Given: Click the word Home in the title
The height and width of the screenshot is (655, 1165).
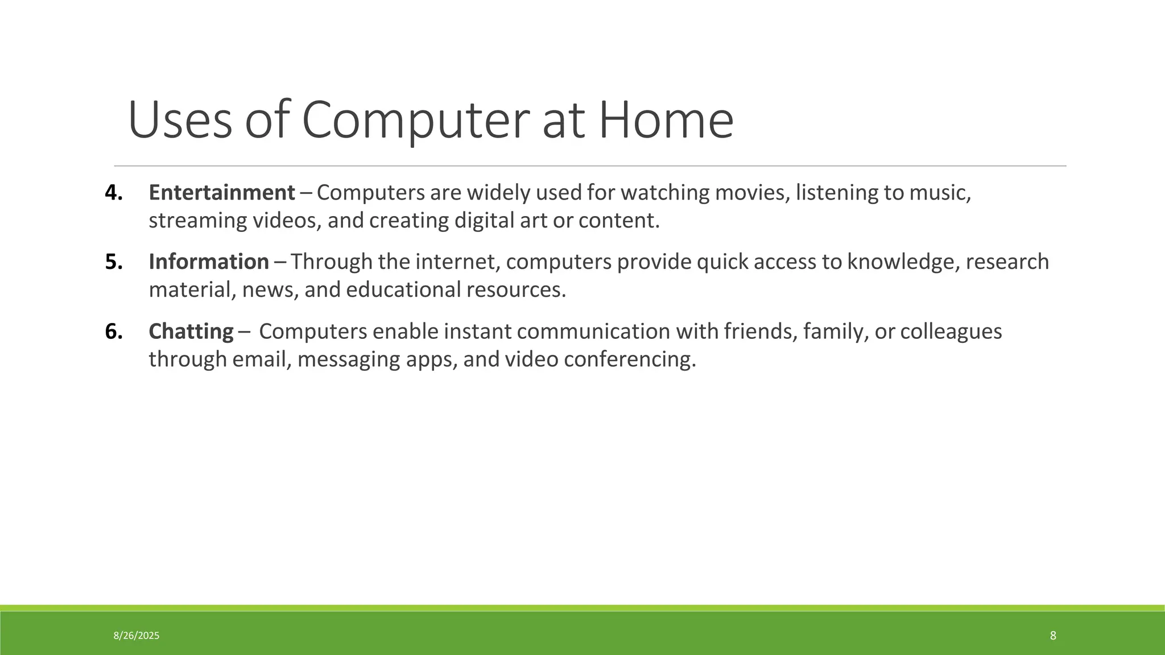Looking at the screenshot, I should click(x=666, y=121).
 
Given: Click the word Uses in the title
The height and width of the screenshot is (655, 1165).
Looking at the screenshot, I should click(x=180, y=121).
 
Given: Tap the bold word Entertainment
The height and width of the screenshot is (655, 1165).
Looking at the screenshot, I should click(x=222, y=193).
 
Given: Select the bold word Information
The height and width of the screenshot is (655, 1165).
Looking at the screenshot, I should click(x=209, y=262).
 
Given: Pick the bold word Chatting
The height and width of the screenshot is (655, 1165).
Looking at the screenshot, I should click(x=191, y=331).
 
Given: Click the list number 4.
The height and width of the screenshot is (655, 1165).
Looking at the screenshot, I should click(x=114, y=193).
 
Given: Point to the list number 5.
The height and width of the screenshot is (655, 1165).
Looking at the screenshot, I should click(x=114, y=262).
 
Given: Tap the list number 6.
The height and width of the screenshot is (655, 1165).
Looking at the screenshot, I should click(x=114, y=331).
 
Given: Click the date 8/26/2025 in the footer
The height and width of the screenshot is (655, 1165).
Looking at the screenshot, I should click(x=137, y=636).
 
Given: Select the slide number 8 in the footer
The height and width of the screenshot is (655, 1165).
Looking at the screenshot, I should click(x=1053, y=636).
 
